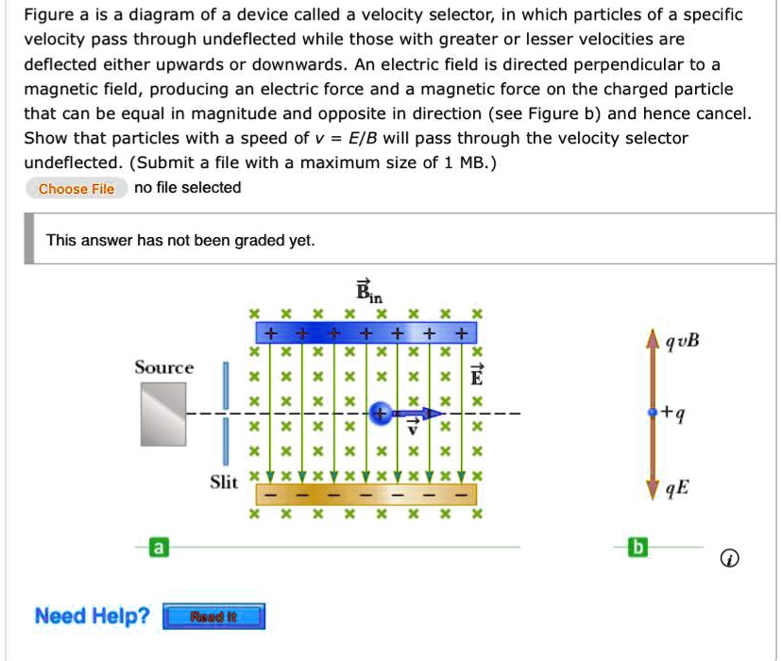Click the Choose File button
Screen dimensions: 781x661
(76, 189)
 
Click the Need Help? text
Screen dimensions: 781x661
(92, 617)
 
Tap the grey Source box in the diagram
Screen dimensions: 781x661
(163, 414)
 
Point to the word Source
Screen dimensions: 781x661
(163, 367)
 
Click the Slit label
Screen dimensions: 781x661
(224, 483)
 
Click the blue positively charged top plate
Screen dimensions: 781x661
(365, 332)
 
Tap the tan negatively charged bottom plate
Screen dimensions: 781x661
(365, 495)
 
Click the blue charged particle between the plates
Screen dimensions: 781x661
(380, 413)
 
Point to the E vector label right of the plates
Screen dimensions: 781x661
(477, 376)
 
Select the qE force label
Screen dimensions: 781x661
(676, 488)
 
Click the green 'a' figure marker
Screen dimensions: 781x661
(160, 547)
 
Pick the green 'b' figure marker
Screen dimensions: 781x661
(639, 547)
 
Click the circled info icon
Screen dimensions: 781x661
(728, 560)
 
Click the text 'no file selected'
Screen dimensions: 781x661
(188, 188)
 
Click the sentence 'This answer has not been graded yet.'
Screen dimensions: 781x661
(180, 240)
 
